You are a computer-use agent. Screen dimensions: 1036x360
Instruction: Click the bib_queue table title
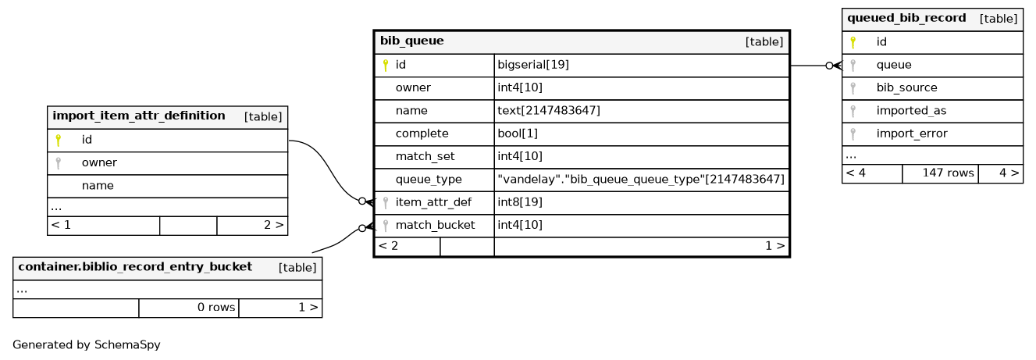click(411, 41)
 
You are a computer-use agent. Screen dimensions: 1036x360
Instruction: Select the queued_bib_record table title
click(906, 18)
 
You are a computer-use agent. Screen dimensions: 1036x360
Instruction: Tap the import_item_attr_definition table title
click(139, 116)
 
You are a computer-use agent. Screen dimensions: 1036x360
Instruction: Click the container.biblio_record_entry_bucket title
click(135, 267)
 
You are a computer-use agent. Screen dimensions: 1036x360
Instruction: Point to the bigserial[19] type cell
click(533, 65)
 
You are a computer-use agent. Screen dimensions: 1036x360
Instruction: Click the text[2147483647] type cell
click(549, 111)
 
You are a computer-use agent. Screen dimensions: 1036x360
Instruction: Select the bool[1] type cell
click(518, 134)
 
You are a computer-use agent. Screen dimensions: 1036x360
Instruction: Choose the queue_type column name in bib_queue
click(429, 180)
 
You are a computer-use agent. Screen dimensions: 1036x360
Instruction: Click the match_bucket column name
click(435, 226)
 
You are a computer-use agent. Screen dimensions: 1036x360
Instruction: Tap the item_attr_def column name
click(433, 202)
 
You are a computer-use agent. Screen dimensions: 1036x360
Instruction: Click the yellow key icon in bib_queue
click(385, 66)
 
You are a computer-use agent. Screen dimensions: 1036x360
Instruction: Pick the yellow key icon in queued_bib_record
click(853, 43)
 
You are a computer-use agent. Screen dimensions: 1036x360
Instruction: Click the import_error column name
click(912, 134)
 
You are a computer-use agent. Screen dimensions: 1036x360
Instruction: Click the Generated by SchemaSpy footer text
click(87, 344)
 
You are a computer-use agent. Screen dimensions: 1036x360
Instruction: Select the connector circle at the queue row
click(829, 66)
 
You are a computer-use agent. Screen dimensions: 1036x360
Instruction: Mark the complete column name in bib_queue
click(422, 134)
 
